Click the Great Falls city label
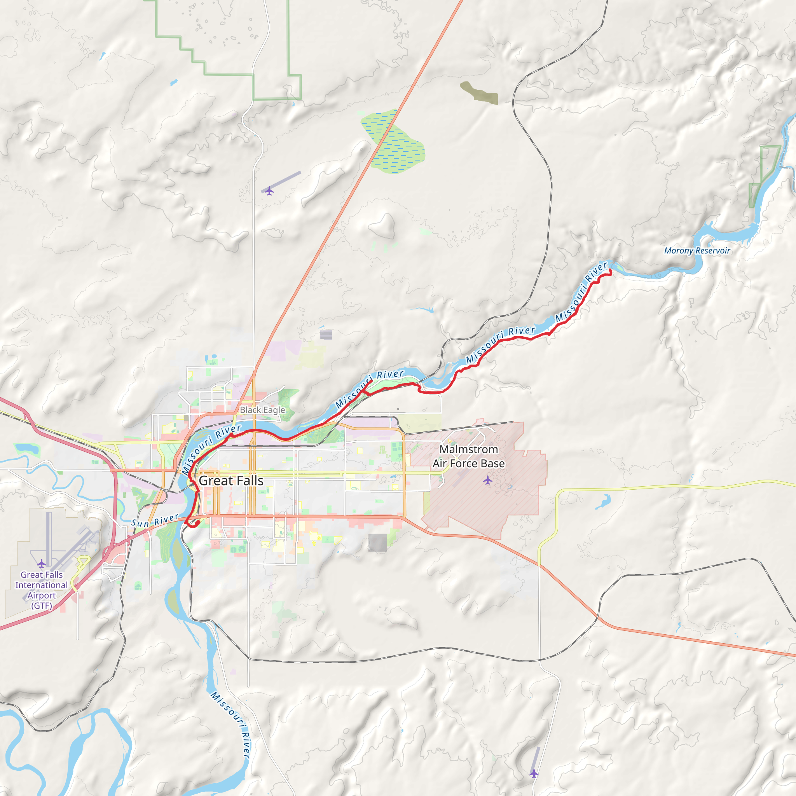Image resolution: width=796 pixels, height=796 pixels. pos(231,481)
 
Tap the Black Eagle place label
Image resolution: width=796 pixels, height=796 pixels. pos(262,410)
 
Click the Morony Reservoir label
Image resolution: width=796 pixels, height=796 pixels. pos(697,251)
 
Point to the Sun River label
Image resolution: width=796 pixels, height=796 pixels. pos(155,521)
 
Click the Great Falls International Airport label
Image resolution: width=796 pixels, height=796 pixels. pos(42,590)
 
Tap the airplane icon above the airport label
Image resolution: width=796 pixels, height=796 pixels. pos(41,563)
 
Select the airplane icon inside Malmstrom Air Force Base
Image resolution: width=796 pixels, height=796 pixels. pos(488,480)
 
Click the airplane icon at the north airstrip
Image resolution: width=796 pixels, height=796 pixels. pos(269,191)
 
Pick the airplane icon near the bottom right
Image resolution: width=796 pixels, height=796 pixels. pos(534,773)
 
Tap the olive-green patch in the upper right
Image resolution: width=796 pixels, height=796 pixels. pos(480,93)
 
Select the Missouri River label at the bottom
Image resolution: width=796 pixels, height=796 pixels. pos(231,725)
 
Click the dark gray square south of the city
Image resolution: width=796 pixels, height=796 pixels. pos(377,543)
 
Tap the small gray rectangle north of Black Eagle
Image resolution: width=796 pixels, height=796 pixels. pos(326,335)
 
